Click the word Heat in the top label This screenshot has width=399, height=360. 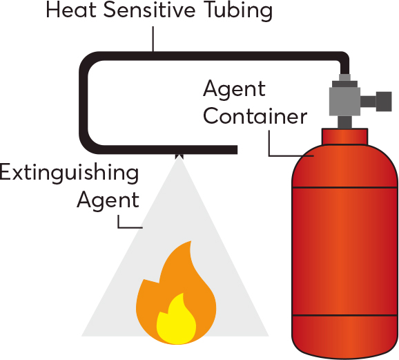coord(71,10)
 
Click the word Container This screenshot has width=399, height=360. coord(255,117)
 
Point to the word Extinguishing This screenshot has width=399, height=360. coord(69,173)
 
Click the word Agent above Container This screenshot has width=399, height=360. coord(234,89)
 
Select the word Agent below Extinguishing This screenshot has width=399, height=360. coord(108,200)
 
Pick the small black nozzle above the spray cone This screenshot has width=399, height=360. coord(179,156)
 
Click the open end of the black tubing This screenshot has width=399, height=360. coord(237,150)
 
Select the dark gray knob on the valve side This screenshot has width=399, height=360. coord(384,102)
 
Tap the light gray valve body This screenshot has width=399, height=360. coord(344,102)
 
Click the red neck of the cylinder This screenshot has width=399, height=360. coord(344,137)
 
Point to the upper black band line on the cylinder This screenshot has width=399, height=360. coord(344,188)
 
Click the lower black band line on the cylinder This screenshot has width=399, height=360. coord(344,316)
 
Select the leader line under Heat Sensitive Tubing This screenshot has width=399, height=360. coord(153,39)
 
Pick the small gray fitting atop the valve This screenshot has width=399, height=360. coord(344,77)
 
